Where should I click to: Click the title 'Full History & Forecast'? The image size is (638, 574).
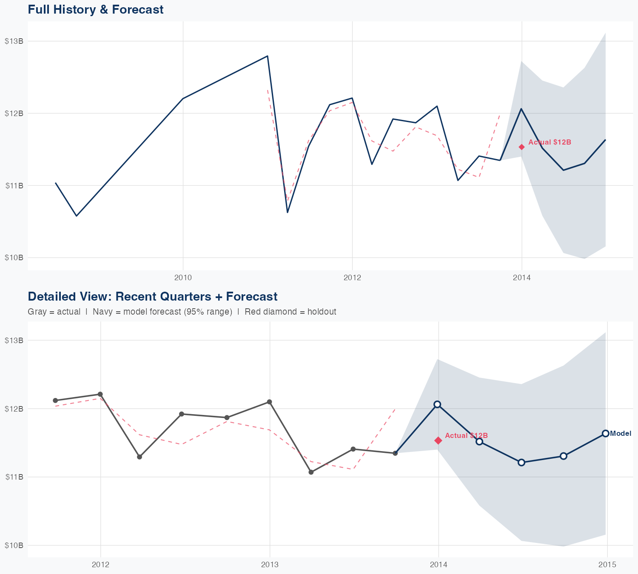pyautogui.click(x=95, y=10)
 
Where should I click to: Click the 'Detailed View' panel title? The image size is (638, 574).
pyautogui.click(x=152, y=297)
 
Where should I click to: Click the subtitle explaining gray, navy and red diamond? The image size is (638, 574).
pyautogui.click(x=182, y=312)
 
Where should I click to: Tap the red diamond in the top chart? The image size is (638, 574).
pyautogui.click(x=521, y=147)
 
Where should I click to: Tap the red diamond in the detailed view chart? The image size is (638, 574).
pyautogui.click(x=438, y=440)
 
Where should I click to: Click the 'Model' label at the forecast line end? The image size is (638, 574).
pyautogui.click(x=621, y=434)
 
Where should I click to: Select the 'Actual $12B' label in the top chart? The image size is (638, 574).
pyautogui.click(x=550, y=142)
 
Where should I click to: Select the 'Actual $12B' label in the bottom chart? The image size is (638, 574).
pyautogui.click(x=466, y=436)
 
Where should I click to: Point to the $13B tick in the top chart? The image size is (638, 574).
pyautogui.click(x=14, y=41)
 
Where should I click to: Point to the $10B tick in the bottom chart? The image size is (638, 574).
pyautogui.click(x=14, y=546)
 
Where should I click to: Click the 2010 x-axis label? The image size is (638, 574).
pyautogui.click(x=183, y=278)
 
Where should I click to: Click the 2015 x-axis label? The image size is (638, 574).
pyautogui.click(x=607, y=565)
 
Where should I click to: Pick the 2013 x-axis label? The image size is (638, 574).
pyautogui.click(x=270, y=565)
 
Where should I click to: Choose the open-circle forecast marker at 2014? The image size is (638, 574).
pyautogui.click(x=437, y=404)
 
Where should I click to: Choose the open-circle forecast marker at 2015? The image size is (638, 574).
pyautogui.click(x=606, y=434)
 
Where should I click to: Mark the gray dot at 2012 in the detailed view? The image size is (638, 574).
pyautogui.click(x=100, y=395)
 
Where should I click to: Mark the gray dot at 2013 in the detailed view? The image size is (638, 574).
pyautogui.click(x=269, y=402)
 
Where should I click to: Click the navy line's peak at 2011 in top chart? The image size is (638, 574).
pyautogui.click(x=267, y=56)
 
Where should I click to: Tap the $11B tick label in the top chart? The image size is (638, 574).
pyautogui.click(x=14, y=186)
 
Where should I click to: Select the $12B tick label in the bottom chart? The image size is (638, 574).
pyautogui.click(x=14, y=409)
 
